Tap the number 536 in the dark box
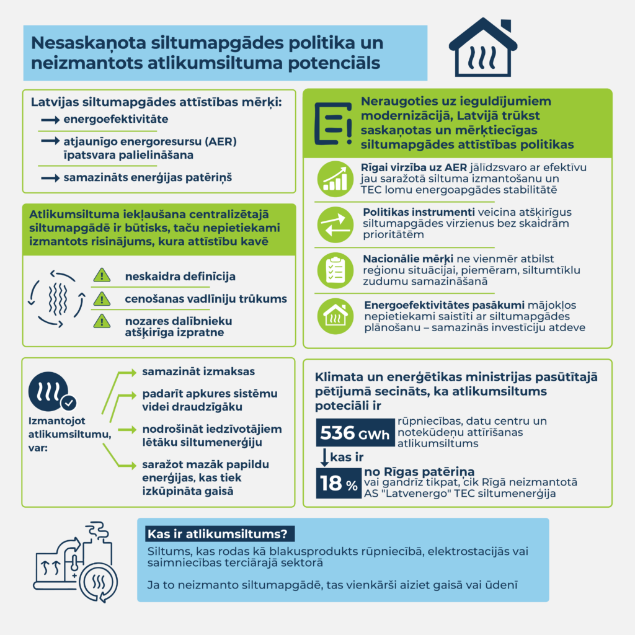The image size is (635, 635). pyautogui.click(x=337, y=432)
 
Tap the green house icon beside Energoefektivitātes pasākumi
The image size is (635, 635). pyautogui.click(x=334, y=315)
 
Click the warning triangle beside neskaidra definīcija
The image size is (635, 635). pyautogui.click(x=101, y=275)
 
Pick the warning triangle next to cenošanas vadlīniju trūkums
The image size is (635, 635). pyautogui.click(x=101, y=299)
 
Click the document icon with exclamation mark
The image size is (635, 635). pyautogui.click(x=333, y=123)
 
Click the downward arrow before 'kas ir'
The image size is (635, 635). pyautogui.click(x=323, y=458)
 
